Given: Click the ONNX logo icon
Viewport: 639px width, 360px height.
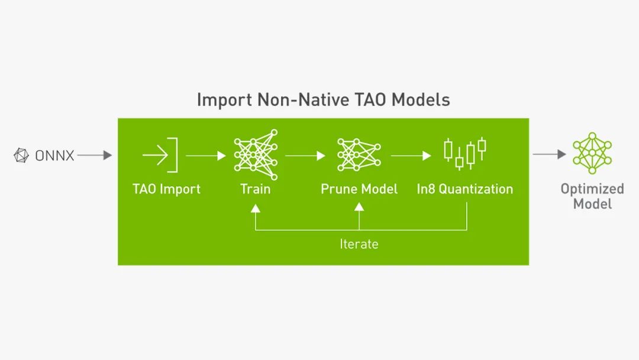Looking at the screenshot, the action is tap(21, 156).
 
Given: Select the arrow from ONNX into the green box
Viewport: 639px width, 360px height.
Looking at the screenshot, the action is tap(94, 155).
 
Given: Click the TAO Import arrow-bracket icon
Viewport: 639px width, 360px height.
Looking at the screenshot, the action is tap(160, 155).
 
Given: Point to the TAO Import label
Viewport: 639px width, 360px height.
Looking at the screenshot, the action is tap(166, 189).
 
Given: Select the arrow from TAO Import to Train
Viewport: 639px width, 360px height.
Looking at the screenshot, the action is tap(205, 156).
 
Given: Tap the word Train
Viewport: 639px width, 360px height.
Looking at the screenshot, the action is tap(256, 189).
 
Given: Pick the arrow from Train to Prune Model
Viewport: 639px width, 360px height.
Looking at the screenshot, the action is tap(305, 156).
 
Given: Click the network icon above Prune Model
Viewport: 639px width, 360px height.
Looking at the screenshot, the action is tap(359, 154).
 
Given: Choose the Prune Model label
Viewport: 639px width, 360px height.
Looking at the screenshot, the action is tap(359, 189).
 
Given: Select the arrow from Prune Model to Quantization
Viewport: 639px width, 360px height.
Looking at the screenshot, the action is tap(411, 156).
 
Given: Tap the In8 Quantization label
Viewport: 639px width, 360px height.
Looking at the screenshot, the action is tap(465, 189).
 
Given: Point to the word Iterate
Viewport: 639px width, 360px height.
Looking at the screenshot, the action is tap(359, 244).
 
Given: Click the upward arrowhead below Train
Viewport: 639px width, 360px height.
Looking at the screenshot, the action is tap(256, 208).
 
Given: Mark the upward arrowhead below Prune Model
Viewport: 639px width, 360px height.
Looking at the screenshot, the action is tap(359, 208).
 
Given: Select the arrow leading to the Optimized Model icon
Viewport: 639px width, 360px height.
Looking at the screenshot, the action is tap(549, 155).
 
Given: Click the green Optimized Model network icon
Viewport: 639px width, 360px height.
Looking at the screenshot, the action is tap(592, 153).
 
